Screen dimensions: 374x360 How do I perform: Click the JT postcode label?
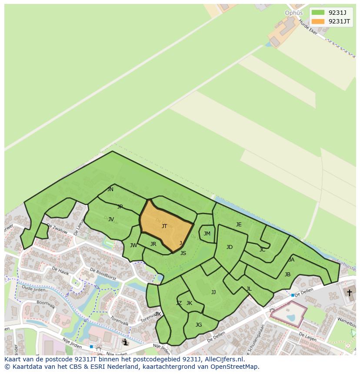click(x=164, y=226)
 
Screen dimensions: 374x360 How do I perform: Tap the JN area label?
click(x=110, y=189)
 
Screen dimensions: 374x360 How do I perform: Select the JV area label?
click(x=111, y=219)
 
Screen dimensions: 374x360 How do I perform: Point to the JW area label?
click(x=133, y=245)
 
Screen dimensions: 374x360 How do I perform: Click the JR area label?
click(x=153, y=244)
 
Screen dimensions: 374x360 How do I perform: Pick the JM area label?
click(x=207, y=234)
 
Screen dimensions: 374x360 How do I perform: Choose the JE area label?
click(x=239, y=225)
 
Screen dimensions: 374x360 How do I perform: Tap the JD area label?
click(x=230, y=247)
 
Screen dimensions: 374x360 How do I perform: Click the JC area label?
click(x=262, y=250)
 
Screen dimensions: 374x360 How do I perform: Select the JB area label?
click(x=287, y=275)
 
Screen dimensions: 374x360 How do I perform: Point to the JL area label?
click(x=249, y=289)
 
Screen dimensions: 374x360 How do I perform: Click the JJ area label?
click(x=213, y=292)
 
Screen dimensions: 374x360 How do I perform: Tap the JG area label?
click(x=199, y=325)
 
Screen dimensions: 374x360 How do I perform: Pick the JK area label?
click(x=189, y=303)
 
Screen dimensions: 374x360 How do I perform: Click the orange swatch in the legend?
click(x=318, y=21)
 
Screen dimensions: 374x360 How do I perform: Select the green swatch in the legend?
click(x=318, y=12)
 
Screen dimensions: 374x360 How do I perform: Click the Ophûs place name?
click(x=293, y=13)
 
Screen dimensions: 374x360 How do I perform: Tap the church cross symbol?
click(x=349, y=293)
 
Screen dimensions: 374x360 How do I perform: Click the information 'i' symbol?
click(x=126, y=342)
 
